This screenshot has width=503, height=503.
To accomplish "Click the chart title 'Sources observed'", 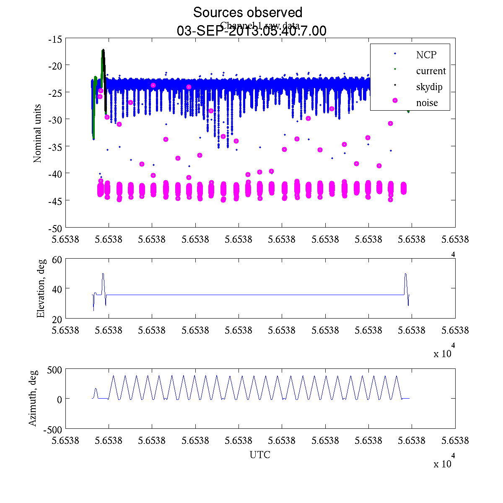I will (247, 12).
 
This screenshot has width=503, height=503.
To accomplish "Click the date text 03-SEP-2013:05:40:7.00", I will (251, 31).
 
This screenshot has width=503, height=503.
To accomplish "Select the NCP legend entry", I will (426, 55).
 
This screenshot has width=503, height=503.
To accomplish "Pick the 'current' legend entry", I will (430, 71).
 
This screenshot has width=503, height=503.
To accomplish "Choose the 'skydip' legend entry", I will (429, 87).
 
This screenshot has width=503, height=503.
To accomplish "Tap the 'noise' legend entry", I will (427, 103).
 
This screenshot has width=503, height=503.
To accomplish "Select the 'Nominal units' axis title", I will (38, 133).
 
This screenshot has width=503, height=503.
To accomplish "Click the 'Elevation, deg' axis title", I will (41, 289).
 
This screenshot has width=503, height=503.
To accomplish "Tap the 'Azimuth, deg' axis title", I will (33, 398).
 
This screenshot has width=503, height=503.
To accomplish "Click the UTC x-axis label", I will (260, 455).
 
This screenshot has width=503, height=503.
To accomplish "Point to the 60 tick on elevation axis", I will (57, 260).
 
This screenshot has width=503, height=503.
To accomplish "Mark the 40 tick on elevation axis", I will (57, 289).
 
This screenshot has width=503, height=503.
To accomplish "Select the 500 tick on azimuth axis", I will (55, 370).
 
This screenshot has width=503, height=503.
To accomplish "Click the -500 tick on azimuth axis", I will (53, 429).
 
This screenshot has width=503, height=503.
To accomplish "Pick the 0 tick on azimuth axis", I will (60, 399).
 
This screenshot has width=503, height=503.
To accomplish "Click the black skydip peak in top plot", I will (103, 51).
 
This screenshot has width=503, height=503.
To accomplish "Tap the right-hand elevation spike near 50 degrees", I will (405, 274).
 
